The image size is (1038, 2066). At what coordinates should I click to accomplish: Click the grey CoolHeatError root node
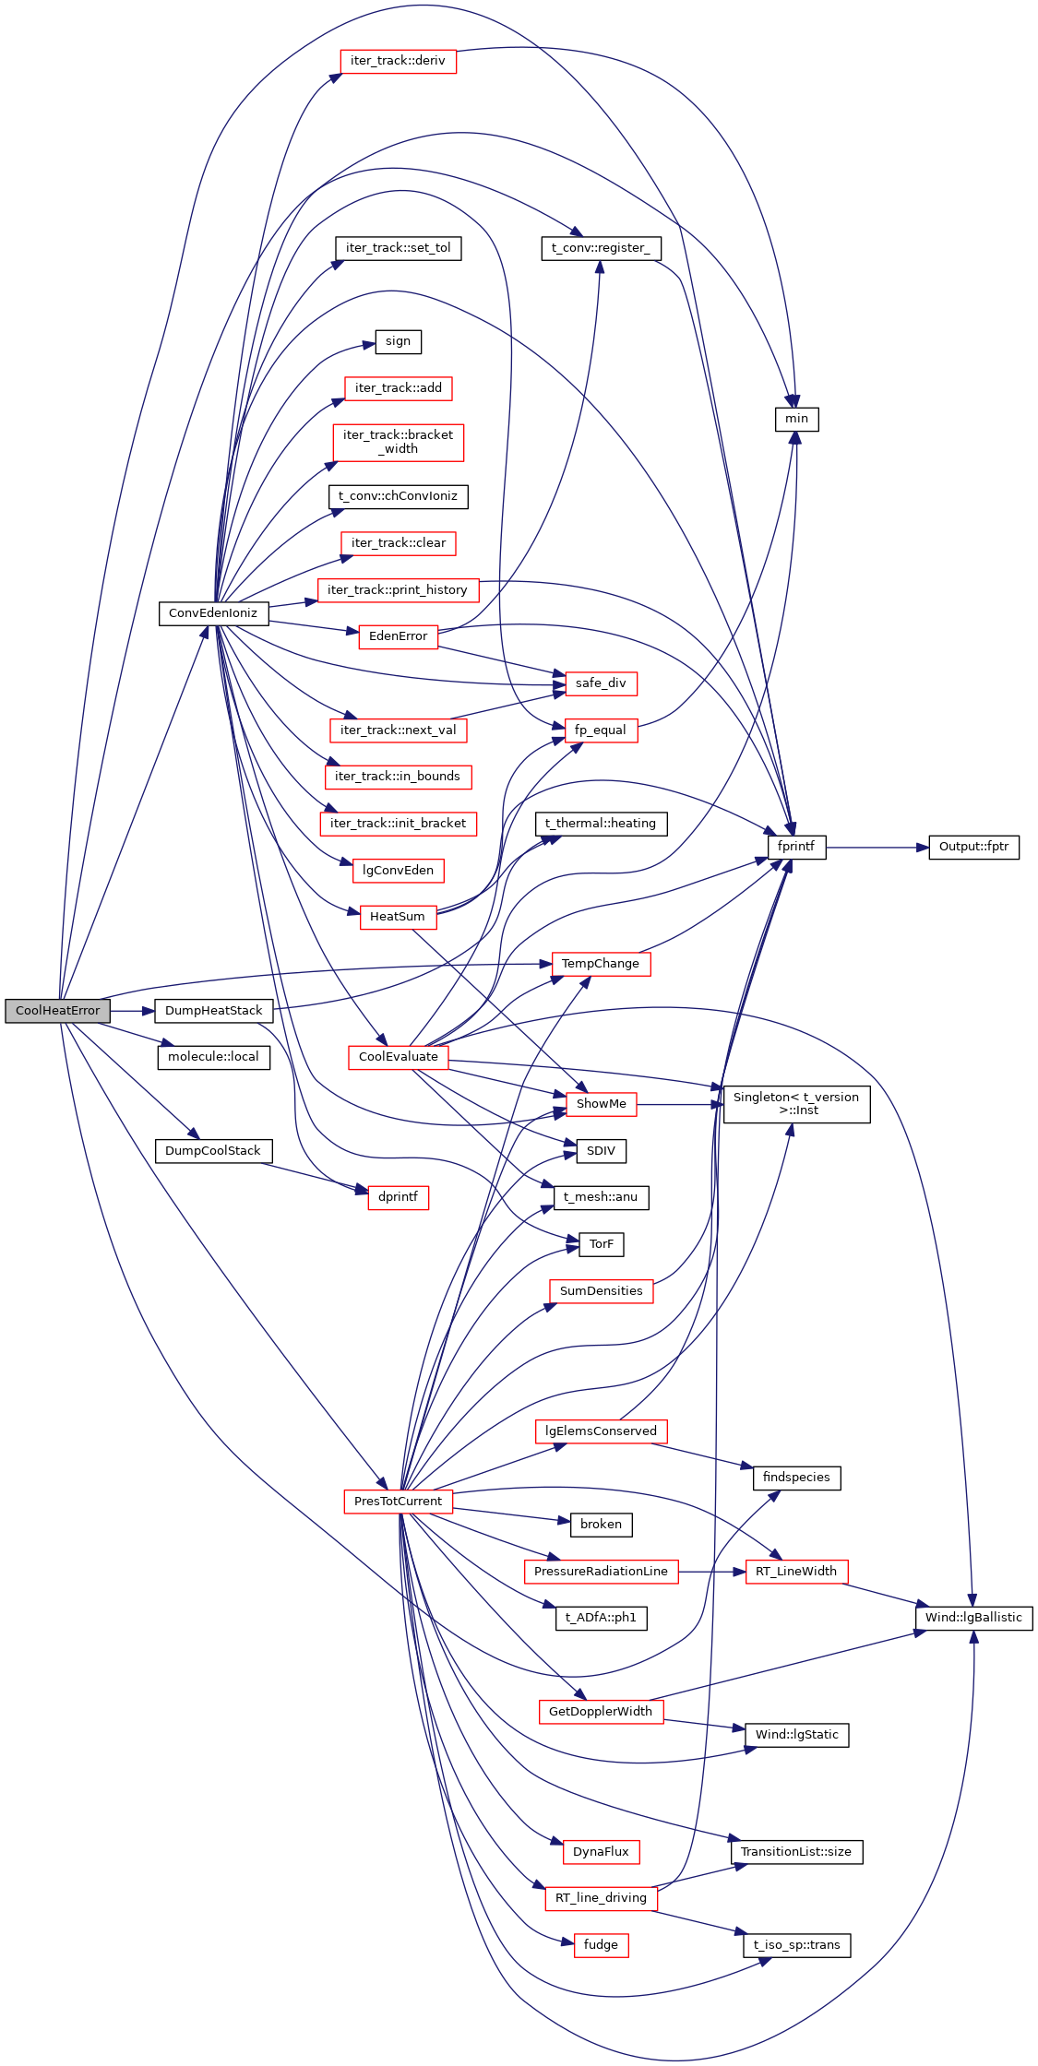(x=57, y=1011)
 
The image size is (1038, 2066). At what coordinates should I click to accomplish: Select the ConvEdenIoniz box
(x=213, y=613)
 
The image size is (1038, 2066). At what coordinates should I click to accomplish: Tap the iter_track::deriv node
(x=398, y=62)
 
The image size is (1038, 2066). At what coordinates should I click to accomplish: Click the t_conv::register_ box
(x=601, y=248)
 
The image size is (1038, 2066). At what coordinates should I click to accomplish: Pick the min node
(x=796, y=419)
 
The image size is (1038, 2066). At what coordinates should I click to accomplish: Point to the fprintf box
(x=796, y=847)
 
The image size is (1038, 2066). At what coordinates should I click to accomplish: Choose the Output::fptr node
(x=973, y=847)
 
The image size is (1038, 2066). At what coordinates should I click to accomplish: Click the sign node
(x=398, y=341)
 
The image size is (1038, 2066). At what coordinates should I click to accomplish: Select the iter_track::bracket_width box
(x=398, y=442)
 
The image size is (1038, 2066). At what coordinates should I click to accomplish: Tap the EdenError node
(x=398, y=636)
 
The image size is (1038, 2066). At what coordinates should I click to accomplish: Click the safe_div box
(x=601, y=683)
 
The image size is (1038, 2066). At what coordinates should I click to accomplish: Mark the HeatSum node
(x=398, y=917)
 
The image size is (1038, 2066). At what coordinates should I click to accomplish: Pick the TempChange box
(x=601, y=964)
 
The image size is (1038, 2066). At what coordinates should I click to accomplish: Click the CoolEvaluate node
(x=398, y=1057)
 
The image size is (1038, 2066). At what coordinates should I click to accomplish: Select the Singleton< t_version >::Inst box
(x=796, y=1104)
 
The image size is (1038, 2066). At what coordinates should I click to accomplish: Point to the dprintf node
(x=398, y=1197)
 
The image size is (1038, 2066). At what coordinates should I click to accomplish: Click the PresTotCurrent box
(x=398, y=1502)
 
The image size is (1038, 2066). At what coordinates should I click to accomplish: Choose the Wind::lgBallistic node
(x=973, y=1618)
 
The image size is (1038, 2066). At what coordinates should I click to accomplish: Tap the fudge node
(x=601, y=1945)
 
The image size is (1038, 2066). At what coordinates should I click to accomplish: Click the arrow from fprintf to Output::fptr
(x=877, y=847)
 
